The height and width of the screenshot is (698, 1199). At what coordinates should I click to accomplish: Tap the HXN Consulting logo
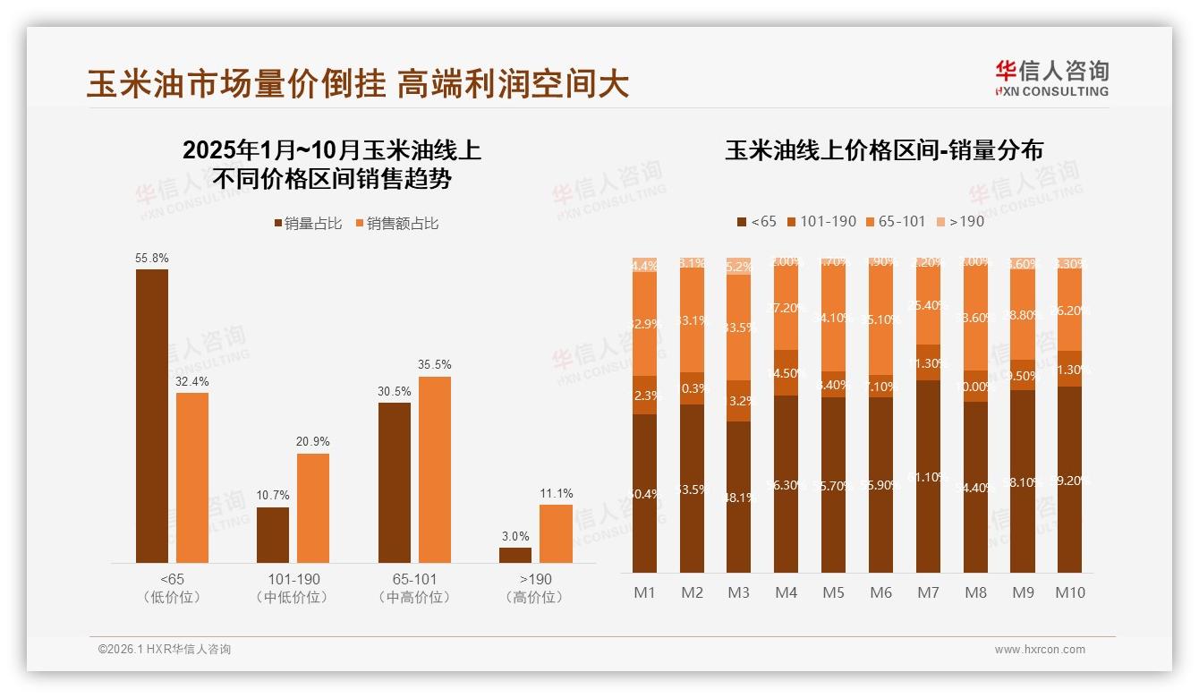[x=1051, y=79]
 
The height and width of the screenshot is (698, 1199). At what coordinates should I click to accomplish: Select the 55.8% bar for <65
[x=152, y=416]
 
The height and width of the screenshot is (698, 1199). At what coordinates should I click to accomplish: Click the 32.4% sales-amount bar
[x=192, y=478]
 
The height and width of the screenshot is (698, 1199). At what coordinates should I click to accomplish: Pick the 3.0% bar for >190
[x=515, y=555]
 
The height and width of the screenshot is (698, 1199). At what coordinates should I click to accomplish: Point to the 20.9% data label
[x=313, y=441]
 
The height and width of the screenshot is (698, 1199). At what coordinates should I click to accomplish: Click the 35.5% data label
[x=435, y=364]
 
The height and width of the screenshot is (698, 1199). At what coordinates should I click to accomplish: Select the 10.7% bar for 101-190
[x=273, y=535]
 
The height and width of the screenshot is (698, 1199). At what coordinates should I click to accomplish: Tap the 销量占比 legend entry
[x=308, y=224]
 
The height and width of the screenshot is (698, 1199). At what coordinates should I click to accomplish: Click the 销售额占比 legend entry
[x=396, y=224]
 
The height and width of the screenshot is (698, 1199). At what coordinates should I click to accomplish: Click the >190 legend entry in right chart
[x=960, y=221]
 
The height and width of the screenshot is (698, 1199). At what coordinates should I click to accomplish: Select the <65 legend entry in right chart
[x=757, y=221]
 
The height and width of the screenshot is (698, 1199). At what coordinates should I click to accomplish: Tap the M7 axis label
[x=929, y=592]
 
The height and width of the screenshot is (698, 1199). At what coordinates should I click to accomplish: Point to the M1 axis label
[x=644, y=592]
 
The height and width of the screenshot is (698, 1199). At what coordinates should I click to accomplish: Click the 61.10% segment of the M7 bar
[x=929, y=477]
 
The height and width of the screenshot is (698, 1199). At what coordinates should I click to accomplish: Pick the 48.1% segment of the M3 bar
[x=739, y=497]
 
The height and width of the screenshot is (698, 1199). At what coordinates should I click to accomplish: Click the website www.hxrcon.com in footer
[x=1040, y=650]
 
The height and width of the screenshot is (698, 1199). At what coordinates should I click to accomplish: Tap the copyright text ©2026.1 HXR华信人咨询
[x=165, y=650]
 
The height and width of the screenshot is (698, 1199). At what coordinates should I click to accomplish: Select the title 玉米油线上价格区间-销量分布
[x=884, y=150]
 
